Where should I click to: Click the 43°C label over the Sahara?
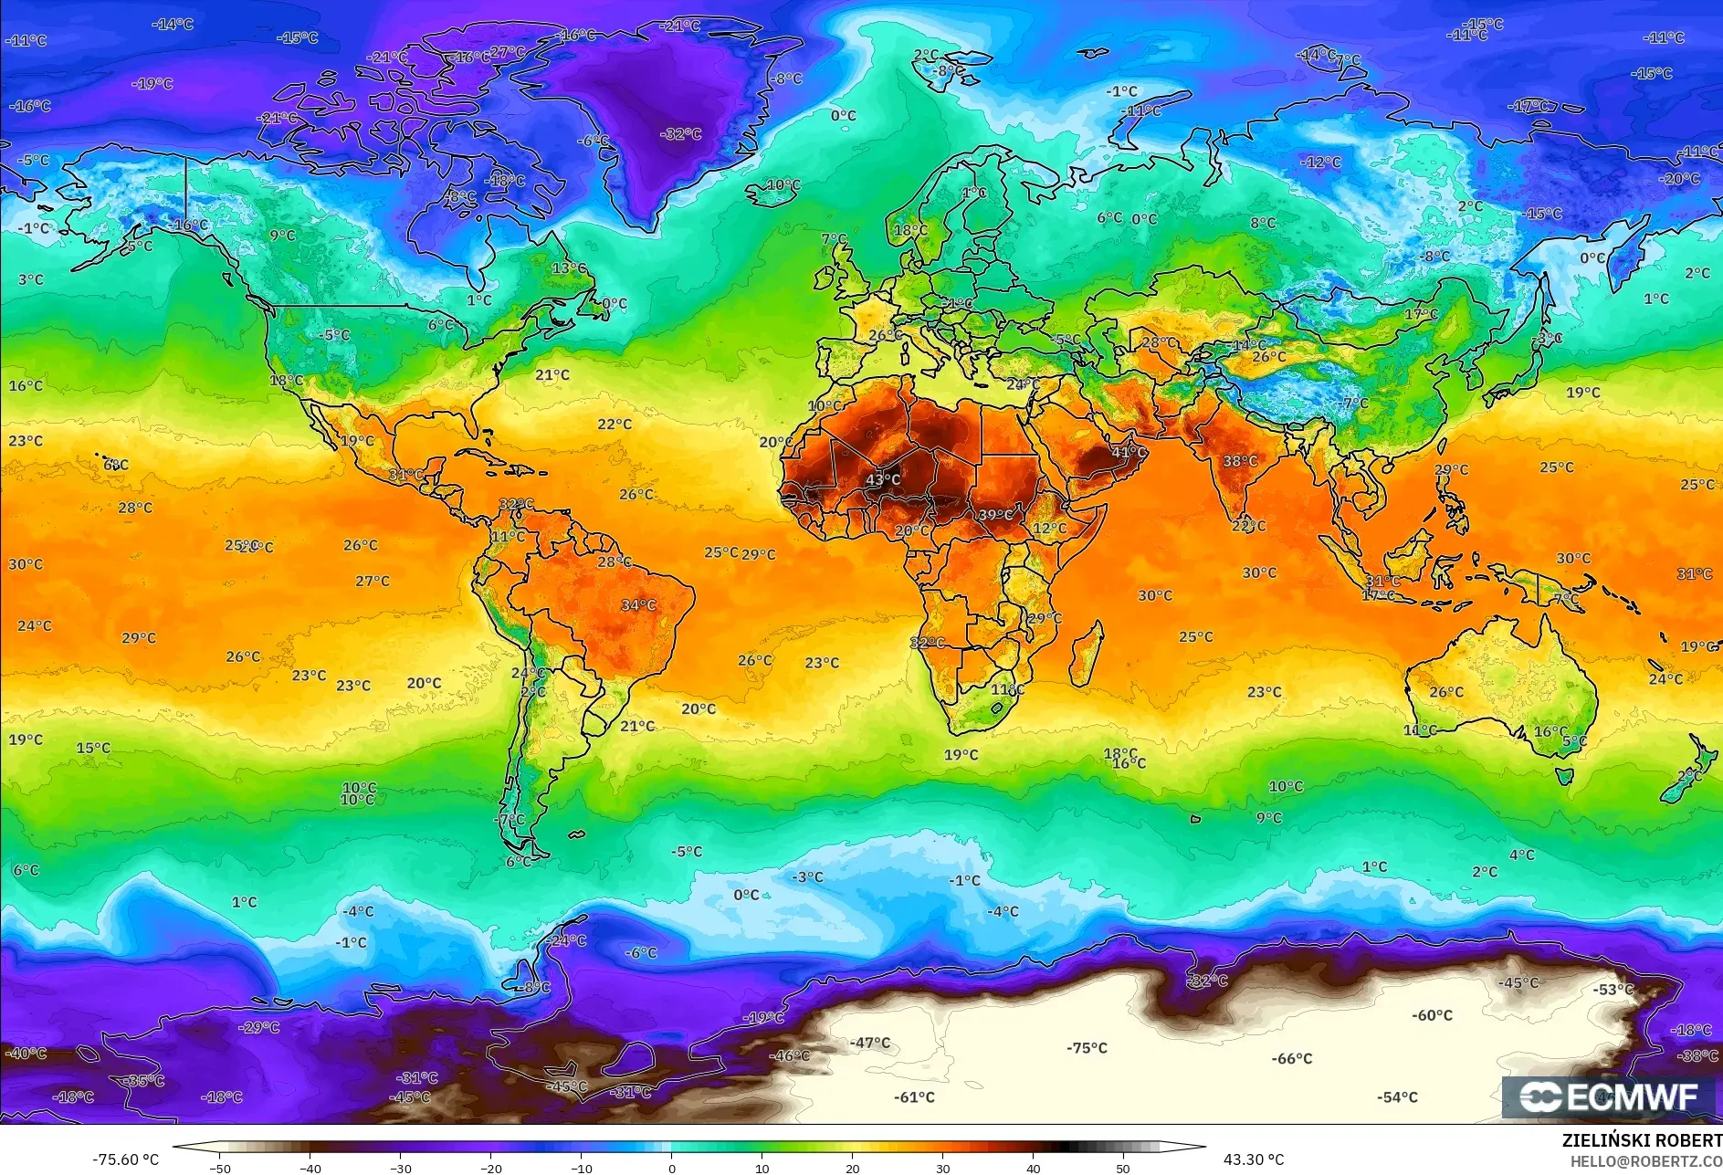pyautogui.click(x=883, y=479)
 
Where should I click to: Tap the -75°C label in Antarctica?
pyautogui.click(x=1087, y=1048)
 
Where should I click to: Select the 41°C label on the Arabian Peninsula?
pyautogui.click(x=1129, y=452)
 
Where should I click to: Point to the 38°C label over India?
pyautogui.click(x=1240, y=461)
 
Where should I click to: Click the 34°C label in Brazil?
pyautogui.click(x=638, y=604)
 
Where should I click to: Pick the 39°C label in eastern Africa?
pyautogui.click(x=995, y=515)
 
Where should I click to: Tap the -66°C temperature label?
pyautogui.click(x=1292, y=1058)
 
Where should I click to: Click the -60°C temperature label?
pyautogui.click(x=1432, y=1015)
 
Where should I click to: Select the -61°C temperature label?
pyautogui.click(x=914, y=1097)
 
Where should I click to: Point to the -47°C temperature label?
pyautogui.click(x=869, y=1043)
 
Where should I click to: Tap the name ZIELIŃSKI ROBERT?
pyautogui.click(x=1642, y=1140)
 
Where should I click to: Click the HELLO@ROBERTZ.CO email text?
pyautogui.click(x=1646, y=1161)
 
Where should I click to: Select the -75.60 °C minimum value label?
pyautogui.click(x=125, y=1159)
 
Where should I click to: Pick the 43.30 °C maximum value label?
pyautogui.click(x=1254, y=1159)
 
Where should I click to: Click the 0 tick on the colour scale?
pyautogui.click(x=672, y=1168)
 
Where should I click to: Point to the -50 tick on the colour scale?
pyautogui.click(x=219, y=1168)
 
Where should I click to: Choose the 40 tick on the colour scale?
pyautogui.click(x=1033, y=1168)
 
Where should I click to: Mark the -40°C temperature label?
pyautogui.click(x=26, y=1054)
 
